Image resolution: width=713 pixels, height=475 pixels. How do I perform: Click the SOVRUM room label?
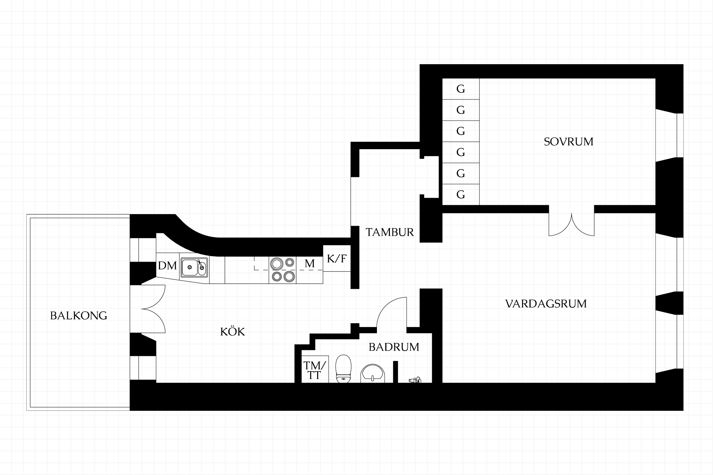pos(569,142)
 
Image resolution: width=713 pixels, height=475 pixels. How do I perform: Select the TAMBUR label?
pos(390,232)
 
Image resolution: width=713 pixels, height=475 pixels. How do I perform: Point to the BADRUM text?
pos(394,347)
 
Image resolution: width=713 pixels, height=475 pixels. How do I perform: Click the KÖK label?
pos(232,331)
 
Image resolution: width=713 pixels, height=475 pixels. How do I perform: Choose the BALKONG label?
pos(78,316)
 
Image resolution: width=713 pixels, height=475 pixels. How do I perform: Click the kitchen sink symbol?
pos(195,268)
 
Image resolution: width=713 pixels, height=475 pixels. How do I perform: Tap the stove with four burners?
pos(283,270)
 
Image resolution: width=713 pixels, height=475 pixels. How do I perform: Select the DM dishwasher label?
pos(167,266)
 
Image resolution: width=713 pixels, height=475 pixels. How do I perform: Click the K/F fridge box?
pos(337,258)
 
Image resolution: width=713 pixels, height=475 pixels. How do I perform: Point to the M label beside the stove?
pos(310,263)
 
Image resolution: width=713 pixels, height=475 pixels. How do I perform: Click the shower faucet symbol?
pos(414,380)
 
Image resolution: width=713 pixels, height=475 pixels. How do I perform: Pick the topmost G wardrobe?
pos(460,89)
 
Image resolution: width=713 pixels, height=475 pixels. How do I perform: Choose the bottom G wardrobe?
pos(460,194)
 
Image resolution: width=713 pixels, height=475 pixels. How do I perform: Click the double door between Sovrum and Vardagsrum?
pos(572,224)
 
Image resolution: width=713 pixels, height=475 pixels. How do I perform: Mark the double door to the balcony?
pos(153,309)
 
